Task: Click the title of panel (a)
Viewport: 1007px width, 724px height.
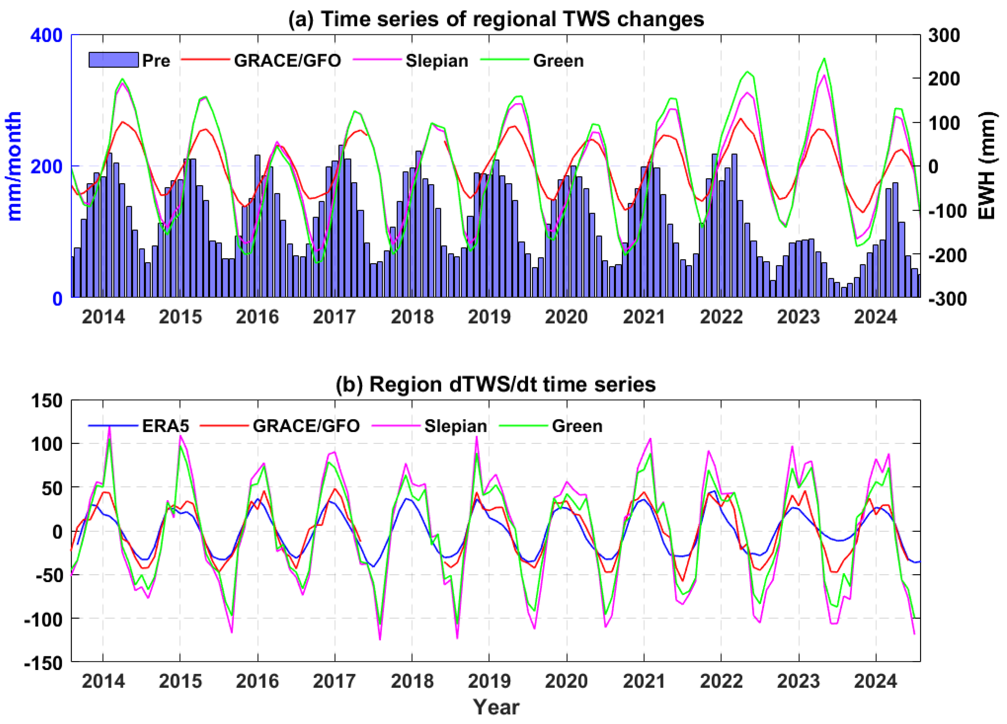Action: (496, 19)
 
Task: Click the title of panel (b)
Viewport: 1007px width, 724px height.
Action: (495, 384)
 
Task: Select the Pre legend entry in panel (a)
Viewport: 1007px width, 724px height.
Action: (129, 60)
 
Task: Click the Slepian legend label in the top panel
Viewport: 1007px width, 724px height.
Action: (437, 61)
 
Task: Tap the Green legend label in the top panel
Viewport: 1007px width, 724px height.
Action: (558, 61)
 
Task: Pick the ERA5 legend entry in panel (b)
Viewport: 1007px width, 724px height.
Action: (165, 426)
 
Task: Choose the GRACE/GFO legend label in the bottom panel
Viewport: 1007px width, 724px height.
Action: (306, 426)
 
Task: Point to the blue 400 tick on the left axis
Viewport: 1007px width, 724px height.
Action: (46, 35)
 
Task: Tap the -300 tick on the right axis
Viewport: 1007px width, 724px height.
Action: (943, 298)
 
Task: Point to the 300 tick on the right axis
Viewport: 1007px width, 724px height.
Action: (943, 35)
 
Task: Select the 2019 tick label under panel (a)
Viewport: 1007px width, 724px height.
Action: (489, 317)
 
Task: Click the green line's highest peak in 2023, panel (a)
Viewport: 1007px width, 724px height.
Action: (824, 58)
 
